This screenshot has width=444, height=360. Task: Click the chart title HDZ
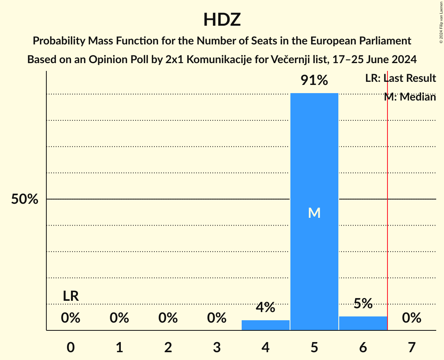(x=222, y=19)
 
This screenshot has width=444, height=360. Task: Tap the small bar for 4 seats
(x=265, y=325)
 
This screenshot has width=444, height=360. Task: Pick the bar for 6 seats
(x=363, y=323)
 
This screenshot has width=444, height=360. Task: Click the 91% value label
(x=314, y=80)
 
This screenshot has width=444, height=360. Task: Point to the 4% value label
(x=265, y=307)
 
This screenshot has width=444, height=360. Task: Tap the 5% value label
(x=363, y=304)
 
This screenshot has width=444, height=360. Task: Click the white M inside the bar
(x=314, y=213)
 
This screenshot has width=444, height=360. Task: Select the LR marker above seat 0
(x=71, y=296)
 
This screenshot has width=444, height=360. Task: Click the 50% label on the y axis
(x=25, y=199)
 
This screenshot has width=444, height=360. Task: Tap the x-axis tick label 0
(x=71, y=347)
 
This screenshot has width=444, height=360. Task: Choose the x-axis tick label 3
(x=217, y=347)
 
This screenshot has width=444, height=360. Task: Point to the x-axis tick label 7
(x=412, y=347)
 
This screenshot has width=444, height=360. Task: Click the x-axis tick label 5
(x=314, y=347)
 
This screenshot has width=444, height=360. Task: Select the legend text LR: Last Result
(x=400, y=78)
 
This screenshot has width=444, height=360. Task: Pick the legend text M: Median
(x=410, y=97)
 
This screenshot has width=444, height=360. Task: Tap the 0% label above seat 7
(x=412, y=318)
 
